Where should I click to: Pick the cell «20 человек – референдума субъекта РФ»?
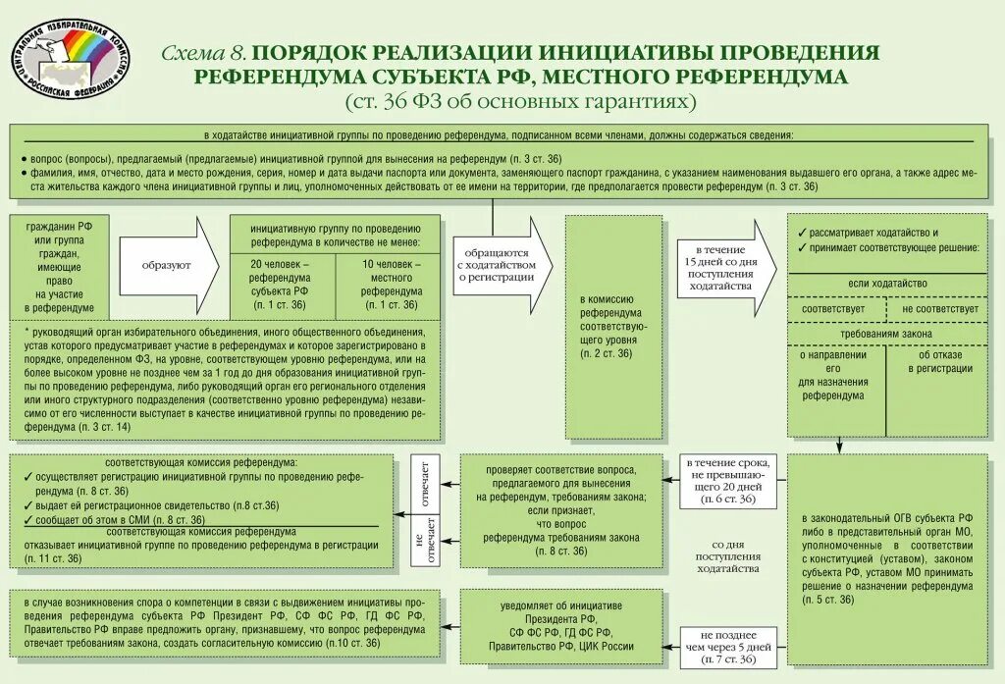tap(281, 285)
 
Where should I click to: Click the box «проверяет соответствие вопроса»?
tap(561, 510)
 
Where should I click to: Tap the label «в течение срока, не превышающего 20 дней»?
tap(728, 481)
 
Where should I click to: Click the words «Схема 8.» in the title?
tap(204, 53)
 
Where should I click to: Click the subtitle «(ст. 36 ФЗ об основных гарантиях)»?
tap(520, 101)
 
